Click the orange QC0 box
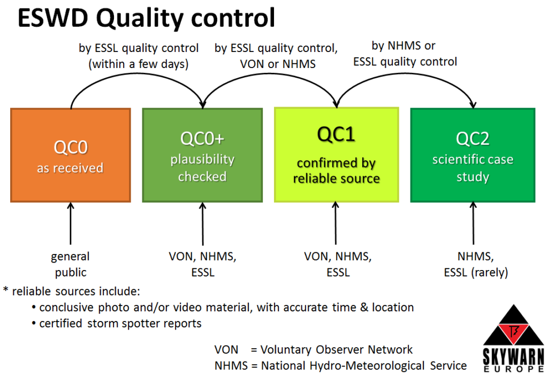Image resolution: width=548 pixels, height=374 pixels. pyautogui.click(x=71, y=155)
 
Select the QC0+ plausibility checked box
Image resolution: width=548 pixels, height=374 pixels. pyautogui.click(x=202, y=155)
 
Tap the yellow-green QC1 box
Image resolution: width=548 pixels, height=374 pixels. pyautogui.click(x=336, y=155)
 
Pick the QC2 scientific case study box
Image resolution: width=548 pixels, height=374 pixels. pyautogui.click(x=473, y=155)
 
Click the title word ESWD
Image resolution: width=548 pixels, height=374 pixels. pyautogui.click(x=53, y=18)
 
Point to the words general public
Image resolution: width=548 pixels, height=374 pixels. pyautogui.click(x=70, y=264)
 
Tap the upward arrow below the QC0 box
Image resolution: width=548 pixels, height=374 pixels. pyautogui.click(x=71, y=223)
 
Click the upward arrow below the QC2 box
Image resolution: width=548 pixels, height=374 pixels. pyautogui.click(x=473, y=223)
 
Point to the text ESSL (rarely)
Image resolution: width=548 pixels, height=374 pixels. pyautogui.click(x=476, y=272)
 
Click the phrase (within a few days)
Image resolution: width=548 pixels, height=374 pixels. pyautogui.click(x=139, y=64)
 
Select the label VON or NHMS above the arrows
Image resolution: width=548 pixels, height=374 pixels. pyautogui.click(x=278, y=64)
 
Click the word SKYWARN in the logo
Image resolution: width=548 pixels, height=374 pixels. pyautogui.click(x=513, y=356)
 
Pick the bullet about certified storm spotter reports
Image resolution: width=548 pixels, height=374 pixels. pyautogui.click(x=117, y=323)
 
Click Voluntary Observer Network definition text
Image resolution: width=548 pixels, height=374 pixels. pyautogui.click(x=336, y=349)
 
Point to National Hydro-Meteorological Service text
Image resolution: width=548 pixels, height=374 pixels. pyautogui.click(x=364, y=365)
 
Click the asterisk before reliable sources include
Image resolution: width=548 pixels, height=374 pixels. pyautogui.click(x=5, y=290)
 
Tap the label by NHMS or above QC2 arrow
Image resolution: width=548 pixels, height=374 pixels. pyautogui.click(x=404, y=46)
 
